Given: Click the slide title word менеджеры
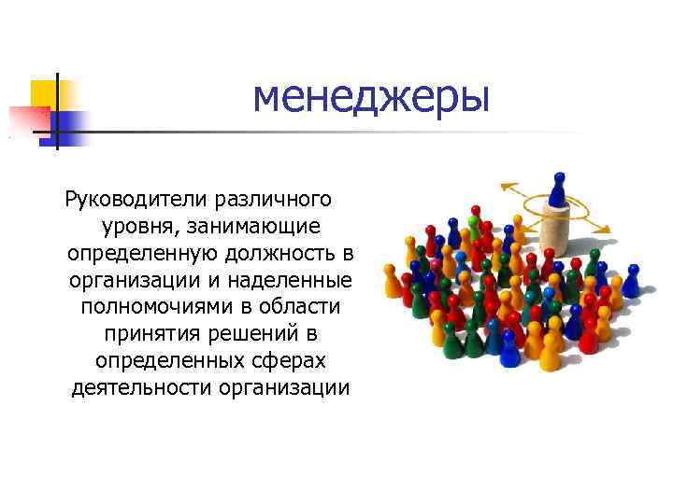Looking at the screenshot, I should pyautogui.click(x=371, y=97).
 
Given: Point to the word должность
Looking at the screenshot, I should pyautogui.click(x=289, y=254).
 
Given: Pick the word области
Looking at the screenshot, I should pyautogui.click(x=296, y=307).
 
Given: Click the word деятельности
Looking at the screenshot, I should pyautogui.click(x=142, y=386).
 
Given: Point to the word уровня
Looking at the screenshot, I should pyautogui.click(x=133, y=227).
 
